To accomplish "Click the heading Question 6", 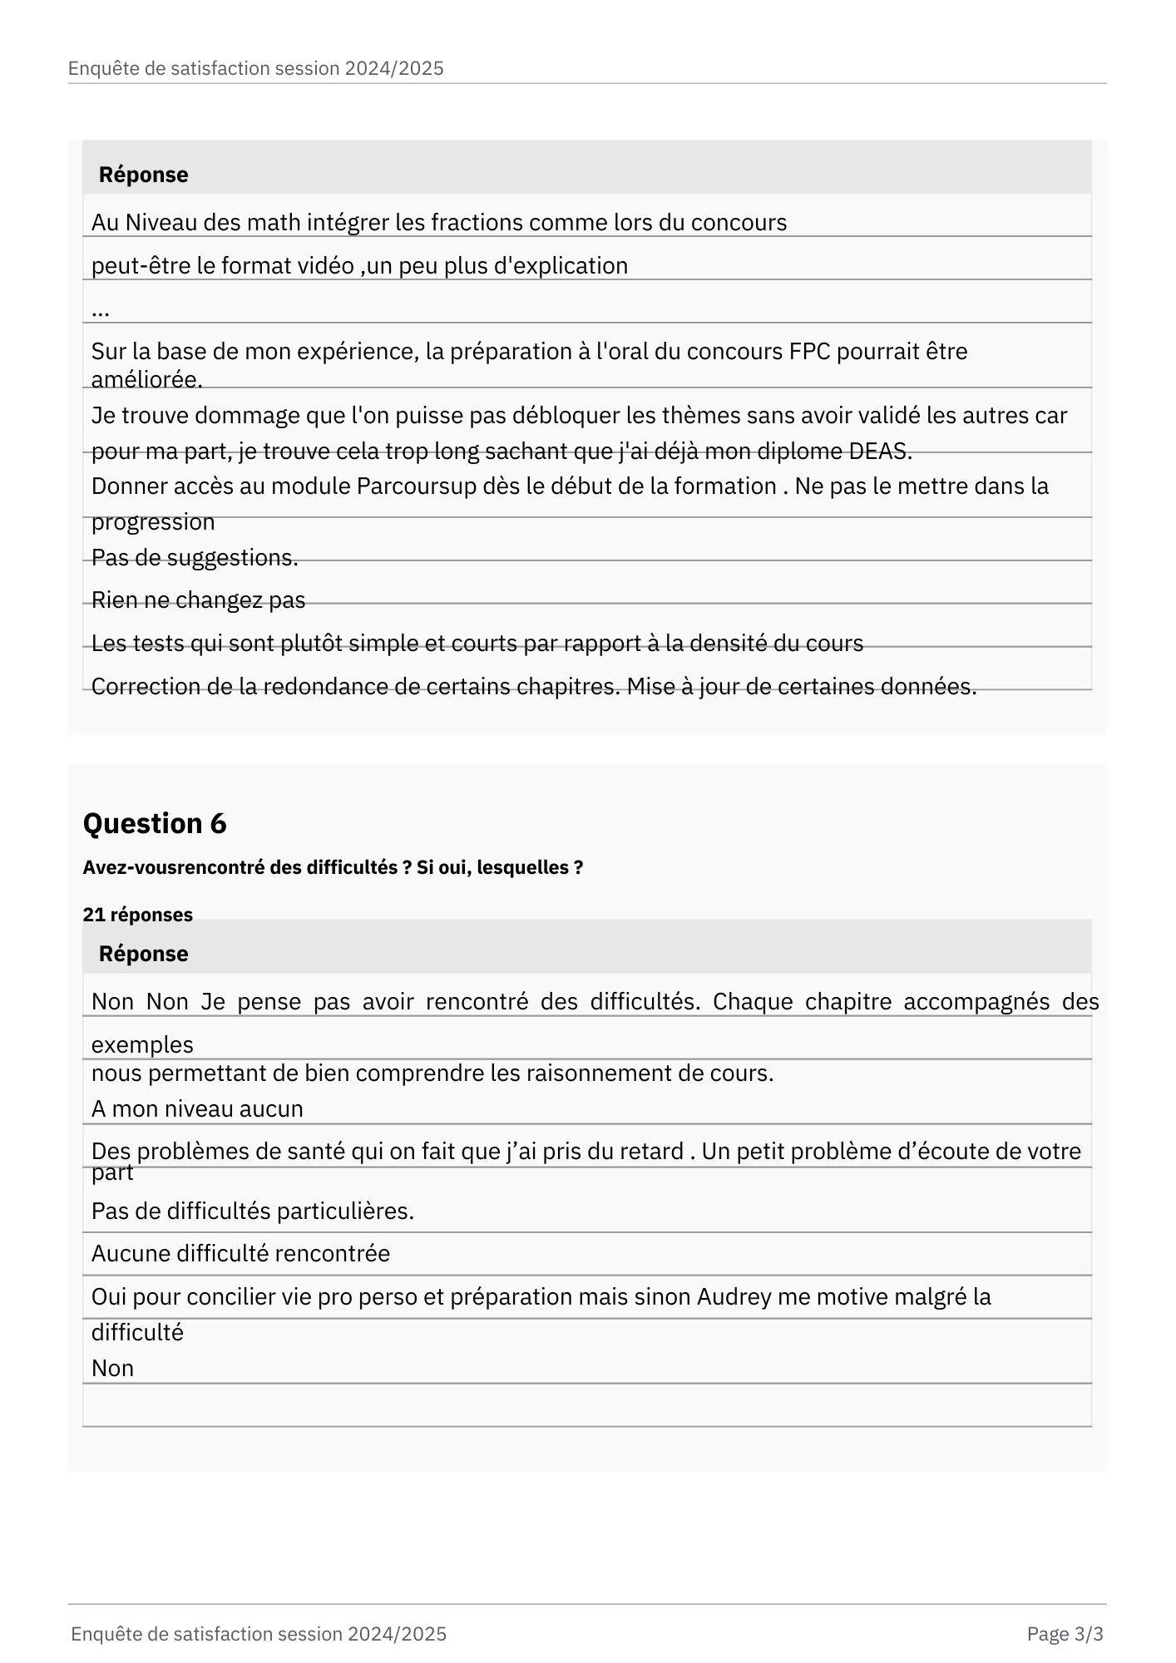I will tap(155, 823).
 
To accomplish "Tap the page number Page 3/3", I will tap(1065, 1634).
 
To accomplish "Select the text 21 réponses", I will tap(137, 915).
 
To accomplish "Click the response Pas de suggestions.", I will tap(195, 558).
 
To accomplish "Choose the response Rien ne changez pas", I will tap(198, 600).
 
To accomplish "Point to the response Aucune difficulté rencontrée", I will tap(240, 1254).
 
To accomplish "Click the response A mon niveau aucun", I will tap(197, 1109).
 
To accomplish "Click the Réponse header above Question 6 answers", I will tap(143, 954).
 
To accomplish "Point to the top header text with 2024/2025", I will tap(255, 68).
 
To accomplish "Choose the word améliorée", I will tap(146, 380).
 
